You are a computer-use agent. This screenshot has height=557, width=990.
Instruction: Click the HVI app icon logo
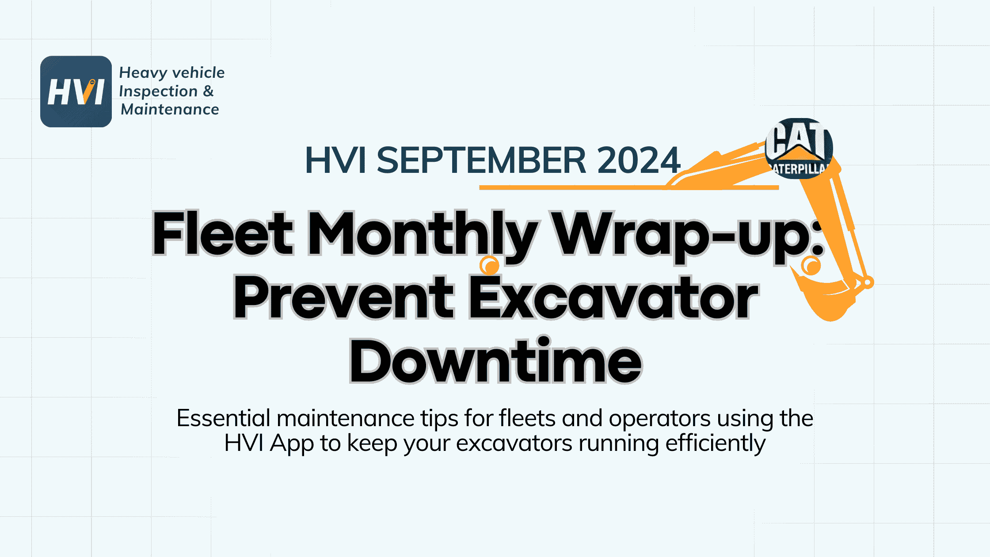coord(76,92)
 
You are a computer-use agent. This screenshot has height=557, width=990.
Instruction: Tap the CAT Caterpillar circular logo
coord(799,149)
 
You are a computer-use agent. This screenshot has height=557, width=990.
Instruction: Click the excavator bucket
coord(826,298)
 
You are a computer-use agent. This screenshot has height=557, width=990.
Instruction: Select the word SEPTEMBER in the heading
coord(481,160)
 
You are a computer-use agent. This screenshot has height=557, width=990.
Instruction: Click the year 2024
coord(639,160)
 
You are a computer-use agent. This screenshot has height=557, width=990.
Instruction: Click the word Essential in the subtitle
coord(223,418)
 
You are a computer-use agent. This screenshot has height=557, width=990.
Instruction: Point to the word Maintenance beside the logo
coord(170,109)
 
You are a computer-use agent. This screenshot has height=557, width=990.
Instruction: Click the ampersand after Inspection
coord(208,91)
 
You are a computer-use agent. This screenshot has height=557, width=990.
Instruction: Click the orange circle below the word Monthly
coord(489,266)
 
